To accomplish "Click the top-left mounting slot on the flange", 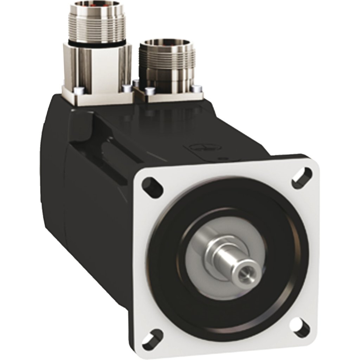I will (153, 186).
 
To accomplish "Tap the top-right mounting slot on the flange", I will (302, 175).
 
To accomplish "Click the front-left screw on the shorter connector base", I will (149, 91).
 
